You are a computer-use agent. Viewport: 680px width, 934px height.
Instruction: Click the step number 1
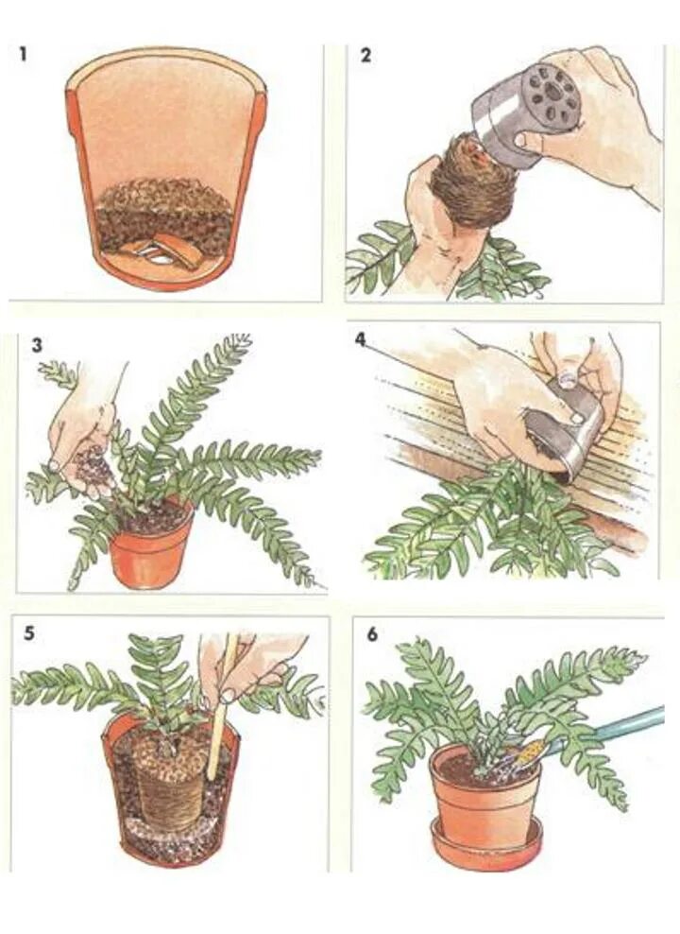tap(24, 55)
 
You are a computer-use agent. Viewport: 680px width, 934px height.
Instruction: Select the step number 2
tap(365, 56)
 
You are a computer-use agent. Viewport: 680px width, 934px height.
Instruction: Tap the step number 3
tap(37, 345)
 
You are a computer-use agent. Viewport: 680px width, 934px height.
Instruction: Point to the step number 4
tap(359, 339)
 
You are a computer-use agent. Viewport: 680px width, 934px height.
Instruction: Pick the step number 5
tap(29, 633)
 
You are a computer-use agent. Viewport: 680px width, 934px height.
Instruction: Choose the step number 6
tap(372, 635)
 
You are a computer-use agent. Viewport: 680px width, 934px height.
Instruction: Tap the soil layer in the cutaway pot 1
tap(164, 215)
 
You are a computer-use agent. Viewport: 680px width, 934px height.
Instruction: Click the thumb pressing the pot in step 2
tap(526, 141)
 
